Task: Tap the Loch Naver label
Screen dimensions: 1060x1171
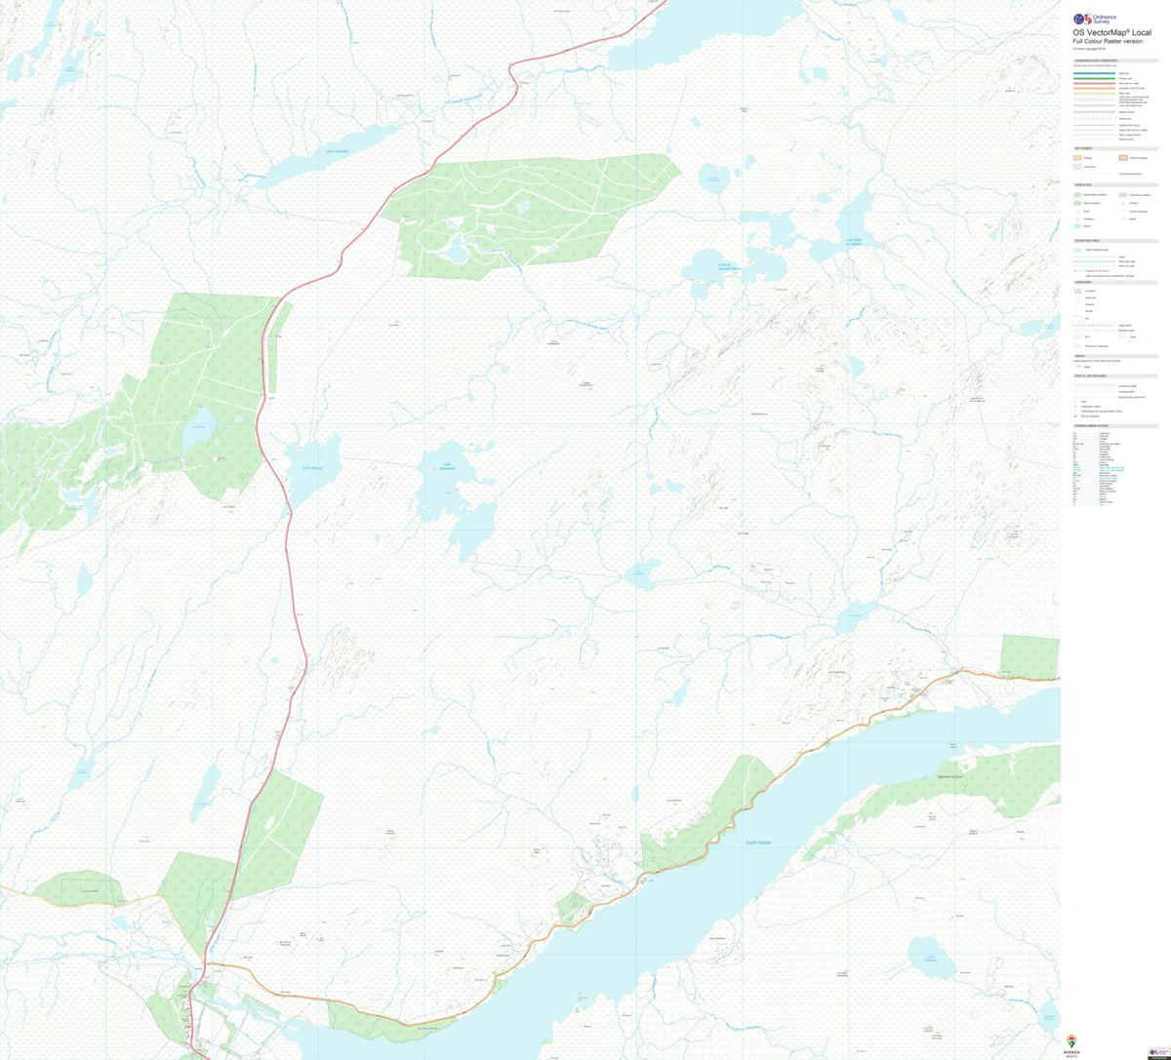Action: pos(757,842)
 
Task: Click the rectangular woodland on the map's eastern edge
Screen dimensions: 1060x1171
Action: pos(1030,655)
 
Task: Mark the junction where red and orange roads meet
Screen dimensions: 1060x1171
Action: pos(205,964)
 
